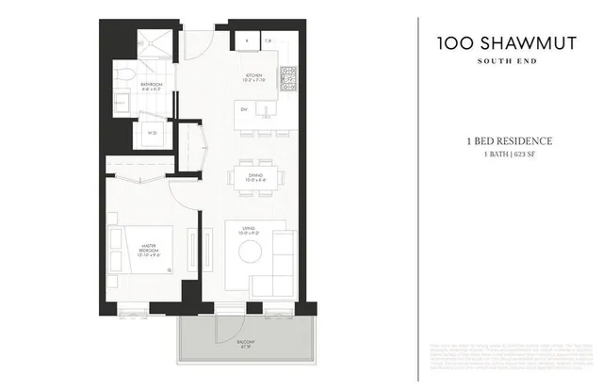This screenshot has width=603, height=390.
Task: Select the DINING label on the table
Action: point(253,175)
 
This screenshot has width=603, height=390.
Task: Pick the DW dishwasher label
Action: point(243,110)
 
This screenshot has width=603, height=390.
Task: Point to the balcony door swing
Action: point(227,325)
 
